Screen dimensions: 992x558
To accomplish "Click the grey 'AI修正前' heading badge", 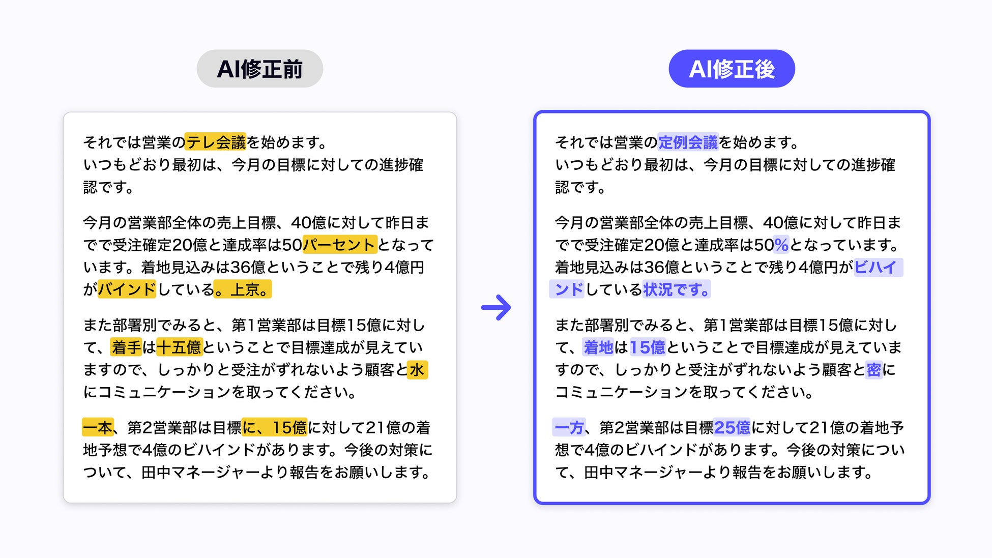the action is (259, 69).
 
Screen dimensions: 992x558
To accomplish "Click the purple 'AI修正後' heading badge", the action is (731, 69).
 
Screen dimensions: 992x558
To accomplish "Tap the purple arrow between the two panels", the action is (496, 307).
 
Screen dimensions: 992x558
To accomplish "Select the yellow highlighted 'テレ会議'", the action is (215, 142).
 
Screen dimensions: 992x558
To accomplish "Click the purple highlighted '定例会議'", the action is (688, 142).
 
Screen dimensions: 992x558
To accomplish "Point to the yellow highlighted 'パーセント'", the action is (339, 245).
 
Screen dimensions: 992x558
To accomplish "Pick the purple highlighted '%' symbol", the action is (781, 245).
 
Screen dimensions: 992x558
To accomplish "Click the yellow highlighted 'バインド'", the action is (127, 289).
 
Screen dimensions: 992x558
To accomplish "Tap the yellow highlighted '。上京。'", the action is (243, 289).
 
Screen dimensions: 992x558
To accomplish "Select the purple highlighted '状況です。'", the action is (676, 289).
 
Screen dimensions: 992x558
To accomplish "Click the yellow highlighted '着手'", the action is (126, 347).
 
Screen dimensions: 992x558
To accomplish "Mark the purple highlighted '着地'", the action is (598, 347).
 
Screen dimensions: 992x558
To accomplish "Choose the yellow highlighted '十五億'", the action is (179, 347).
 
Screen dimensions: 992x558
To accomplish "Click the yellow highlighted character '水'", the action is (417, 370).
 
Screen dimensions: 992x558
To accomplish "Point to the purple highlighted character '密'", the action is (873, 370).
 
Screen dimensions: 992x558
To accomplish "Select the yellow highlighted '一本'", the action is (98, 427).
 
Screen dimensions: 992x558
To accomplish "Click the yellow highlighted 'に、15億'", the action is (274, 427).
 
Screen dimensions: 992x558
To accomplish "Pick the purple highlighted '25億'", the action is (732, 427).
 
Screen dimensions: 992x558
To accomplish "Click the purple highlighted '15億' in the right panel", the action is (648, 347).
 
